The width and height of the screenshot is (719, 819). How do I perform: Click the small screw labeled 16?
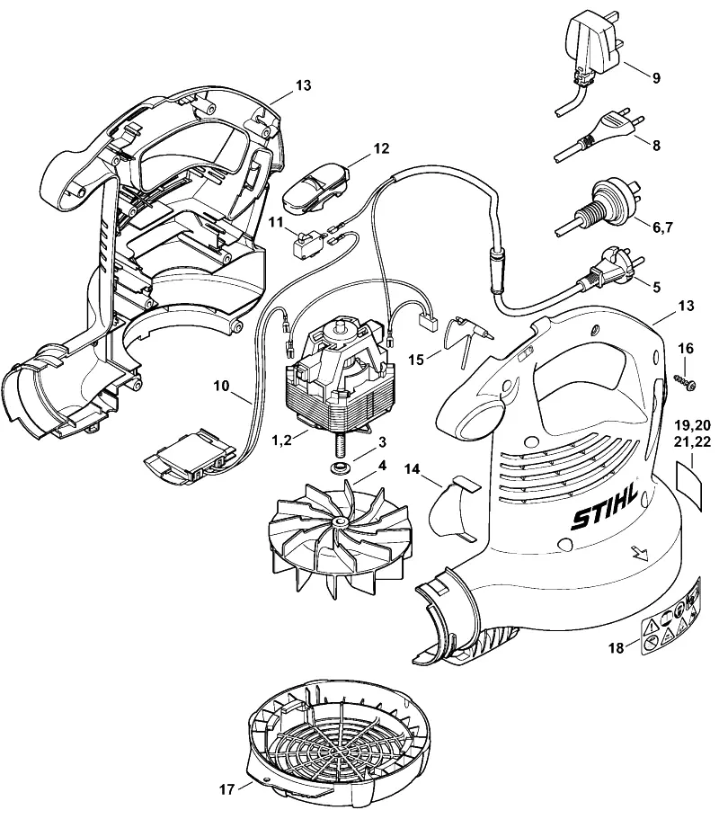tap(685, 382)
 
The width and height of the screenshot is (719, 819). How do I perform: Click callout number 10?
tap(221, 386)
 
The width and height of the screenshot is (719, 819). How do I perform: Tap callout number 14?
tap(412, 469)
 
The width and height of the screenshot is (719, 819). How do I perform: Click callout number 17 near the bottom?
tap(226, 789)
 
